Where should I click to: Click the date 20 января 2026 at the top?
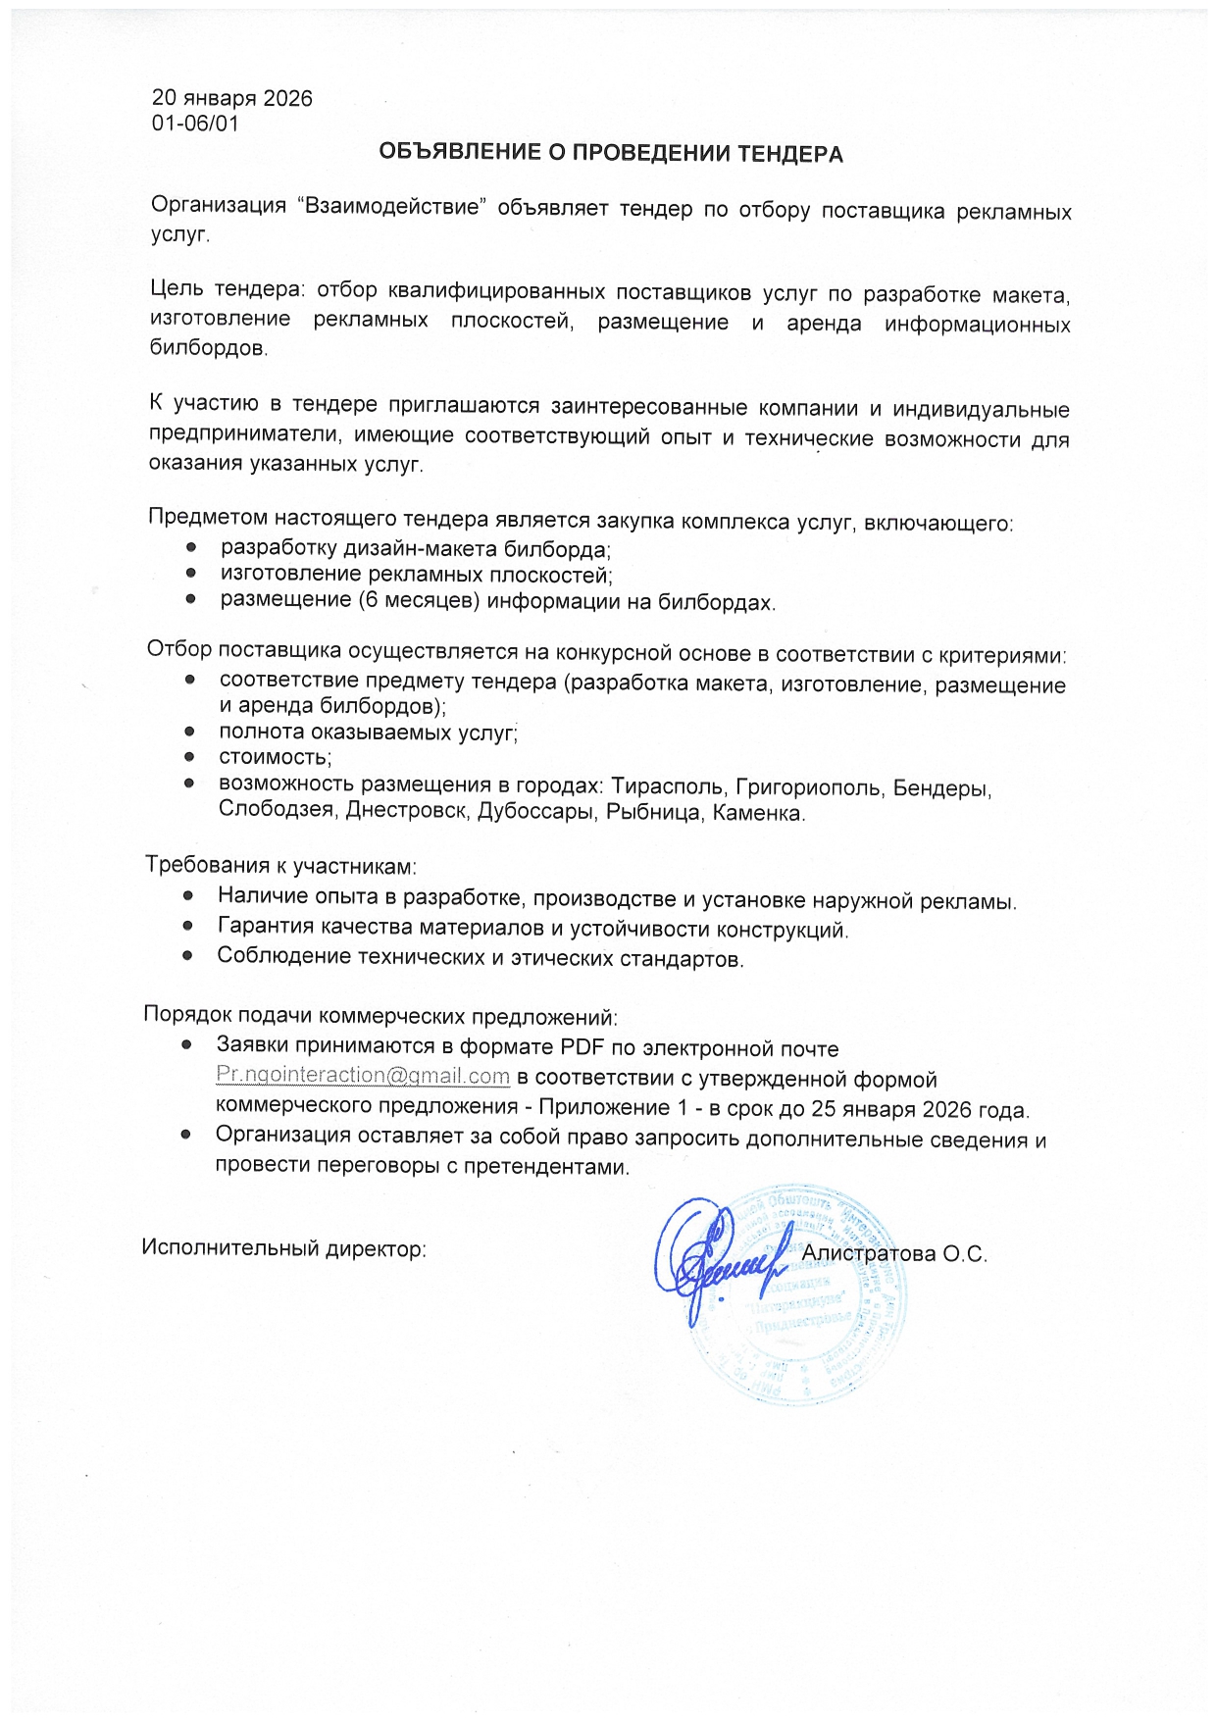(x=231, y=98)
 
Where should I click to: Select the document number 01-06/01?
(x=195, y=124)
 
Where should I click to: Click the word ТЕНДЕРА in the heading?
(x=789, y=153)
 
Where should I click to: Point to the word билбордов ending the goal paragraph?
(x=207, y=348)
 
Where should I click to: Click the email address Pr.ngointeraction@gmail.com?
(x=363, y=1076)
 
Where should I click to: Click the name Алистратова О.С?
(x=893, y=1253)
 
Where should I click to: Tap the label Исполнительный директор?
(x=283, y=1248)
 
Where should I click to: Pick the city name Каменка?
(x=758, y=813)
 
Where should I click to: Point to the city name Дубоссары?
(x=535, y=813)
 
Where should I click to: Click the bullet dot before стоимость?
(x=190, y=757)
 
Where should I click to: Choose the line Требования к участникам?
(x=281, y=866)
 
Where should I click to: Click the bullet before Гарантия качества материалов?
(x=189, y=927)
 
